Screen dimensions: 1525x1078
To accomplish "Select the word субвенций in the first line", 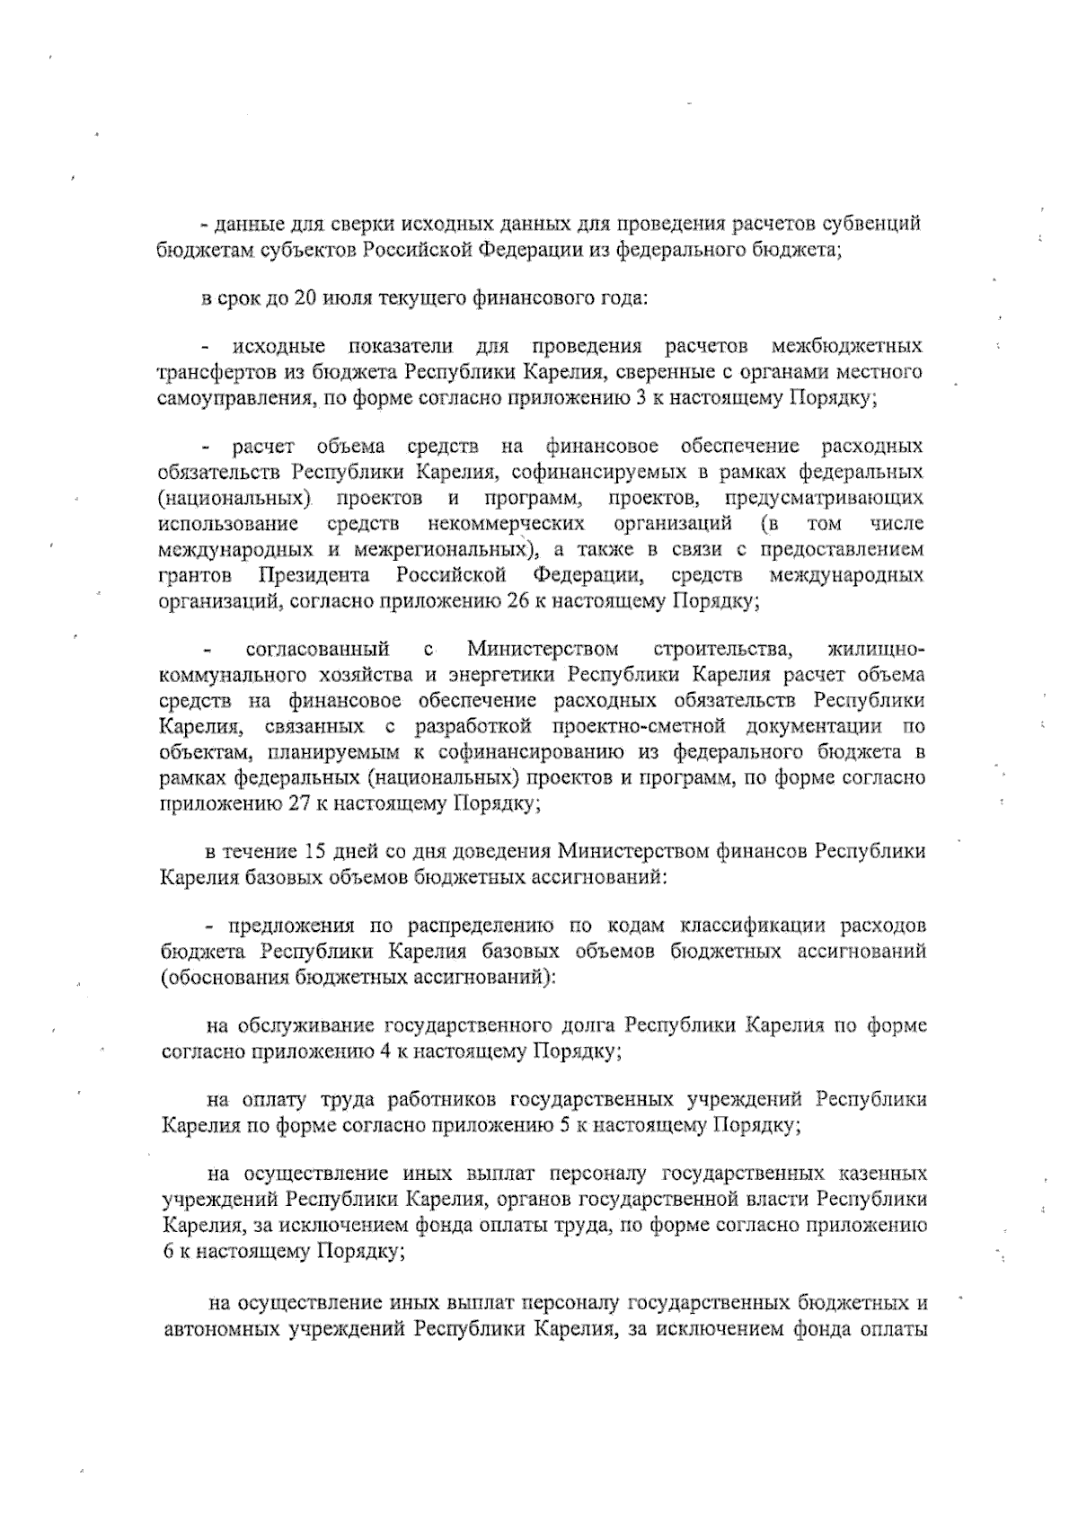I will (877, 224).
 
